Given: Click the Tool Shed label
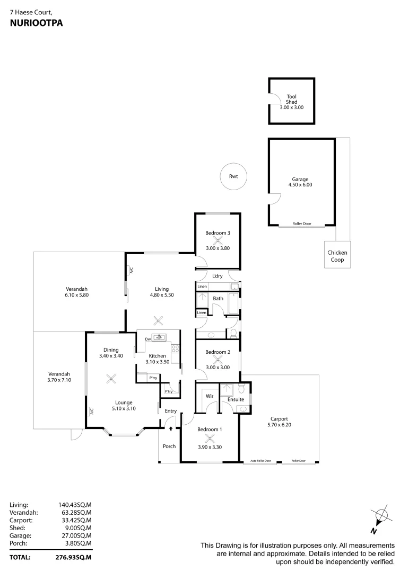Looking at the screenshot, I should pos(291,99).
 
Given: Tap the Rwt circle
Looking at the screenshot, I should pos(233,177).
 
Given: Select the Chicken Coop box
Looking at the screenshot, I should pos(337,256).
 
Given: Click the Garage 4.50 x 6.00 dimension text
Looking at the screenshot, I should pos(300,185).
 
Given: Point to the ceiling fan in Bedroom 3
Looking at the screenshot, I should pos(217,240).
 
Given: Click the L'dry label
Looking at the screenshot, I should pos(217,276).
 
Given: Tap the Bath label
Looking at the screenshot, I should pos(218,299).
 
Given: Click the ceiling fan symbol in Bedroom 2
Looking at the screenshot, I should pos(217,359).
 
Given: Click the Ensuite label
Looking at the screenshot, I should pos(236,399).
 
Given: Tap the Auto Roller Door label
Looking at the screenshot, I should pos(260,461).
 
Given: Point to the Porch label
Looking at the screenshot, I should pos(169,446).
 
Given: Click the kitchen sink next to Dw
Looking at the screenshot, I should pos(159,337).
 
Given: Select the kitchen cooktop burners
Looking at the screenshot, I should pos(175,349).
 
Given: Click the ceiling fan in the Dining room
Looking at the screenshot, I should pos(111,378).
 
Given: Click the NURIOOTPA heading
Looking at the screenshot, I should pos(32,23).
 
